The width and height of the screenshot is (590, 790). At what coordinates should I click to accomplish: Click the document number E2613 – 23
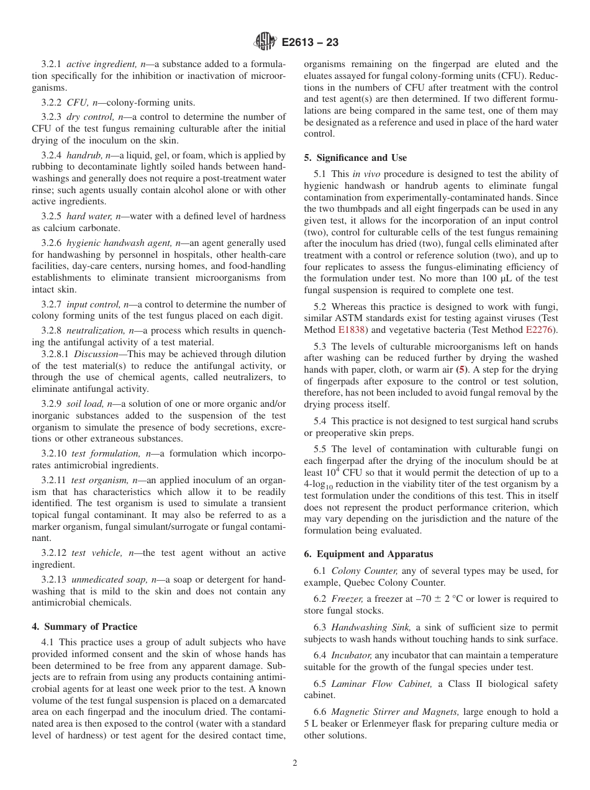pyautogui.click(x=310, y=43)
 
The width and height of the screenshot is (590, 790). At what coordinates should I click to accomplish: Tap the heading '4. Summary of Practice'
pyautogui.click(x=84, y=627)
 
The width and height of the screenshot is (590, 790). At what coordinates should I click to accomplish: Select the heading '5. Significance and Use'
pyautogui.click(x=355, y=158)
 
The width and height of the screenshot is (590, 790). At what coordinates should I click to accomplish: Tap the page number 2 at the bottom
pyautogui.click(x=295, y=763)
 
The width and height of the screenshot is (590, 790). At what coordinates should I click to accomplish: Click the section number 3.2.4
pyautogui.click(x=52, y=155)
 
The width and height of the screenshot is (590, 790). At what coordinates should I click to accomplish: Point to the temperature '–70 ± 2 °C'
pyautogui.click(x=456, y=599)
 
